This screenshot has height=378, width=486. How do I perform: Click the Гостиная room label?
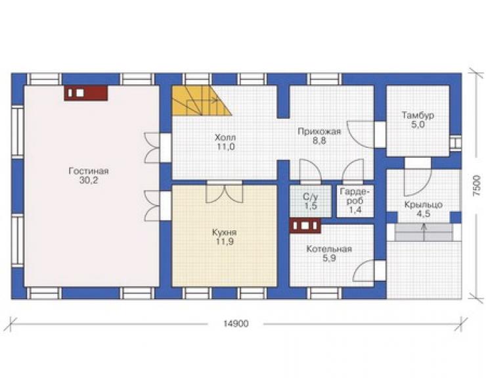tap(89, 171)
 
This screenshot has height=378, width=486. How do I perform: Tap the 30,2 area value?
tap(89, 180)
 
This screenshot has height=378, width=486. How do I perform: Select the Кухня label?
tap(225, 233)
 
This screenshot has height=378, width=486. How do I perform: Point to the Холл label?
tap(225, 137)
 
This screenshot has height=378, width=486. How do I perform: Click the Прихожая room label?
tap(319, 131)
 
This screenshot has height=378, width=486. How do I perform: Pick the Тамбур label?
tap(418, 116)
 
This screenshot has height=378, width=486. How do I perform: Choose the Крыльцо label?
tap(424, 205)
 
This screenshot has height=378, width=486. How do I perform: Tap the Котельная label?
tap(329, 249)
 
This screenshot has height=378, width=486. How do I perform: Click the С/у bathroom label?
tap(310, 197)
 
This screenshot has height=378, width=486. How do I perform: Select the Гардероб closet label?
tap(355, 196)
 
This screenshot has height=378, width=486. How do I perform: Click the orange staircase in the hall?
tap(202, 101)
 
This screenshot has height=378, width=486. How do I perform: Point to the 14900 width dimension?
tap(236, 323)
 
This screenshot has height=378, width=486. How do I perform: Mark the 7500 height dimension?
tap(477, 185)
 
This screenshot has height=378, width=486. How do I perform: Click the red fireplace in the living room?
tap(86, 93)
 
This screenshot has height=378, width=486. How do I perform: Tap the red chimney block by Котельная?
tap(305, 225)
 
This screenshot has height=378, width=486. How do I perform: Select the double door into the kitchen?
tap(225, 193)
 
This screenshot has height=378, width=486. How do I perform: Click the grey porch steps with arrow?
tap(424, 232)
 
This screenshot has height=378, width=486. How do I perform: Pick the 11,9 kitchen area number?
tap(225, 242)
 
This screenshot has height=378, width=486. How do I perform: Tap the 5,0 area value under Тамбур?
tap(418, 125)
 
